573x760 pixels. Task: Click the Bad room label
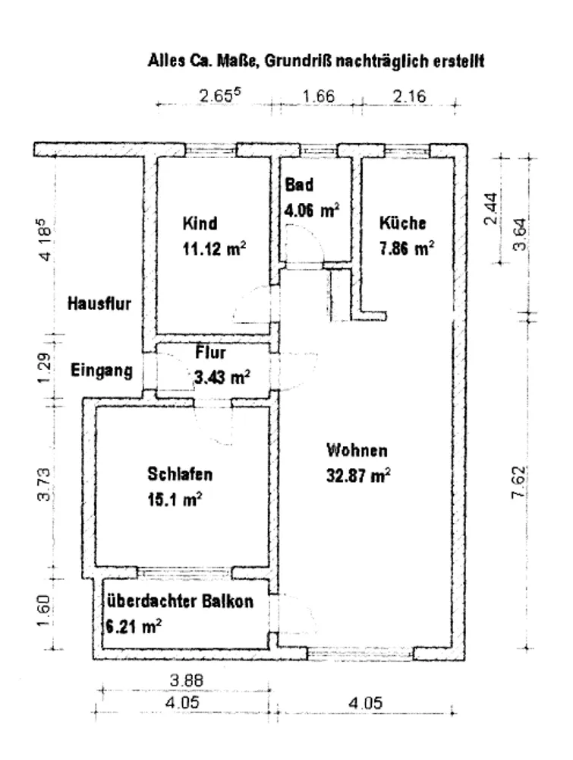pyautogui.click(x=299, y=185)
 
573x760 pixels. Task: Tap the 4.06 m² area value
pyautogui.click(x=312, y=211)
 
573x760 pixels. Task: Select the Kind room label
pyautogui.click(x=200, y=223)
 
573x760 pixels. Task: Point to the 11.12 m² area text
pyautogui.click(x=214, y=249)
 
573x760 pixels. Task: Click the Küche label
pyautogui.click(x=403, y=223)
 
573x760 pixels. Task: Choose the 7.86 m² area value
pyautogui.click(x=407, y=249)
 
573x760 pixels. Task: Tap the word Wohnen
pyautogui.click(x=357, y=450)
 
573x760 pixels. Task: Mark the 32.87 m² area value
pyautogui.click(x=359, y=476)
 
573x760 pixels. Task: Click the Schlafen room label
pyautogui.click(x=180, y=474)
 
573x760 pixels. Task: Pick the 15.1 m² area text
pyautogui.click(x=175, y=499)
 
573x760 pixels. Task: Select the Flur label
pyautogui.click(x=210, y=353)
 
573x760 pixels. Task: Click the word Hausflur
pyautogui.click(x=99, y=304)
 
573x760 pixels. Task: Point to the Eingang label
pyautogui.click(x=102, y=371)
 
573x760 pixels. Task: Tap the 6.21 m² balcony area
pyautogui.click(x=134, y=627)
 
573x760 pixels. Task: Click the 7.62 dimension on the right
pyautogui.click(x=518, y=483)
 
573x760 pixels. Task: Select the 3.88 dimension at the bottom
pyautogui.click(x=187, y=680)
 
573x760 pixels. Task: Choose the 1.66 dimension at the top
pyautogui.click(x=319, y=96)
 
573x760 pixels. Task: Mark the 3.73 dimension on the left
pyautogui.click(x=43, y=484)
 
